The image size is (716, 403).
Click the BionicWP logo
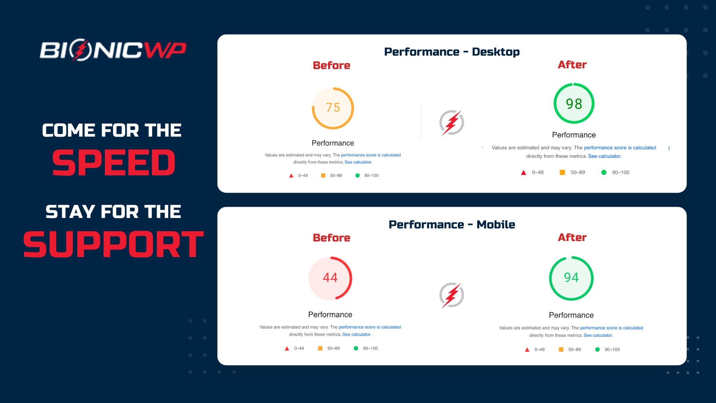[113, 50]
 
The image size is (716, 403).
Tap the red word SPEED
[114, 163]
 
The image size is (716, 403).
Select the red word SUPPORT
[113, 244]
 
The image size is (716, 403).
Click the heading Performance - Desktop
[452, 52]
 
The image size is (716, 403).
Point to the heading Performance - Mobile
[452, 225]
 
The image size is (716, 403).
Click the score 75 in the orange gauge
[333, 107]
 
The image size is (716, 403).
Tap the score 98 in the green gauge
[574, 104]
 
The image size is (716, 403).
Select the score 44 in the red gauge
[330, 278]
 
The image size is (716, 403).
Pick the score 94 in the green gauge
[571, 278]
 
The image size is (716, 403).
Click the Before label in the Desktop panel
[332, 65]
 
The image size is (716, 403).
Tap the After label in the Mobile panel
[572, 237]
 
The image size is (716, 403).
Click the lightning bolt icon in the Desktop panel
[452, 122]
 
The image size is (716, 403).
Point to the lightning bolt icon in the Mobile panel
[452, 295]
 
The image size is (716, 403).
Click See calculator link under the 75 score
[358, 162]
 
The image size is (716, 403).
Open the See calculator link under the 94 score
[598, 335]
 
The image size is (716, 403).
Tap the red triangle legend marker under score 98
[524, 172]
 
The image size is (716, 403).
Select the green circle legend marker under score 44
[356, 349]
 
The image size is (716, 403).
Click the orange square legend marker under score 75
[323, 175]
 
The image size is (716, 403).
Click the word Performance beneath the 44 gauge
[330, 315]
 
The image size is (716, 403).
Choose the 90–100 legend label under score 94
[612, 350]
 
